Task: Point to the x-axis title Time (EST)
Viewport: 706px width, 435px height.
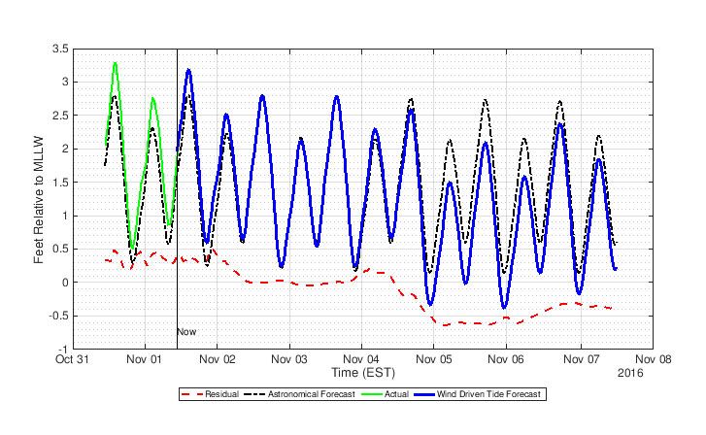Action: [361, 372]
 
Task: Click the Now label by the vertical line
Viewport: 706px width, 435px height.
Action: [186, 332]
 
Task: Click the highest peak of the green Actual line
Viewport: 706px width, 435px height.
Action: [116, 63]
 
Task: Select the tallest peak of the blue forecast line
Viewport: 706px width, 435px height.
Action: [188, 70]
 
